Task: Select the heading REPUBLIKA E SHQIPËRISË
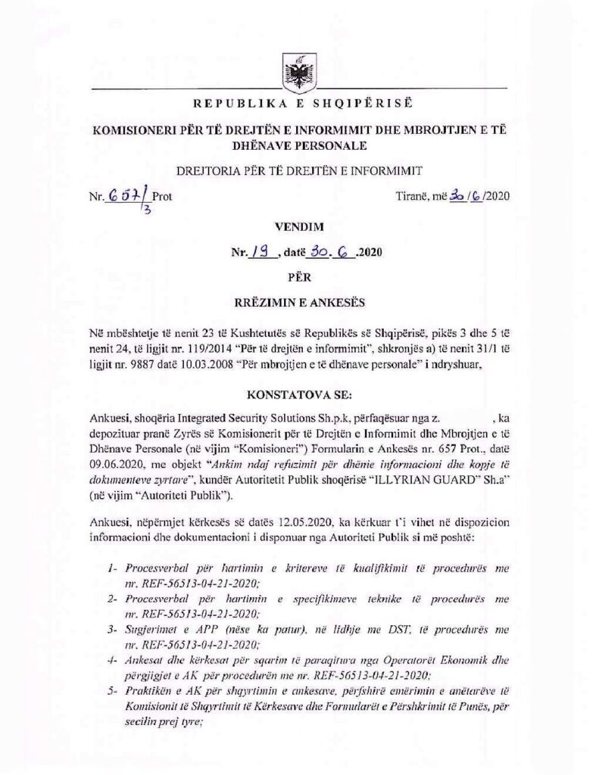pos(299,103)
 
